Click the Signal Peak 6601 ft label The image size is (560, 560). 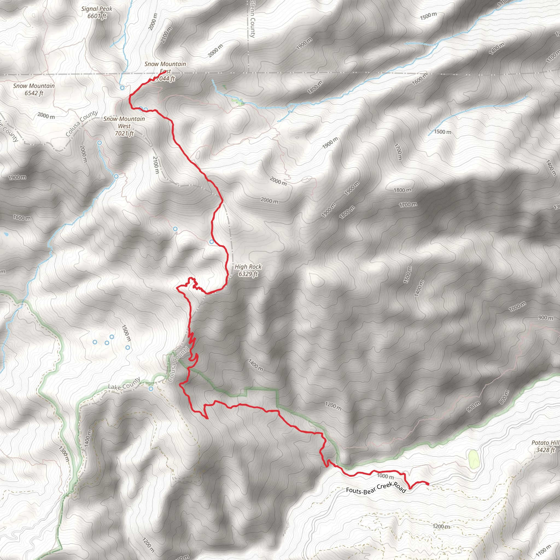coord(97,13)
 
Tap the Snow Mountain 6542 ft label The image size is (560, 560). coord(34,89)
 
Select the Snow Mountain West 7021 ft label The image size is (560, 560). coord(124,126)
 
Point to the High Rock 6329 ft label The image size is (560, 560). coord(248,270)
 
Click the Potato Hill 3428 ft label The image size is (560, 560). coord(545,446)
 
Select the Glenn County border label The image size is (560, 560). coord(252,19)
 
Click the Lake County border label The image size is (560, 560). coord(124,383)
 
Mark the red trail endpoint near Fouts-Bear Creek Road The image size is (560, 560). coord(428,483)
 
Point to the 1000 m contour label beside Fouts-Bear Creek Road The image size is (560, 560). coord(385,476)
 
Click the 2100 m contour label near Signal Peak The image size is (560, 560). coord(167,35)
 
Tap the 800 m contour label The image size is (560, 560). coord(504,397)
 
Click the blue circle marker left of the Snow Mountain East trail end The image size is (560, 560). coord(122,87)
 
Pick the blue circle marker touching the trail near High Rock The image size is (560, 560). coord(212,242)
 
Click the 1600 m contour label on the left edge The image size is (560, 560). coord(22,217)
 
